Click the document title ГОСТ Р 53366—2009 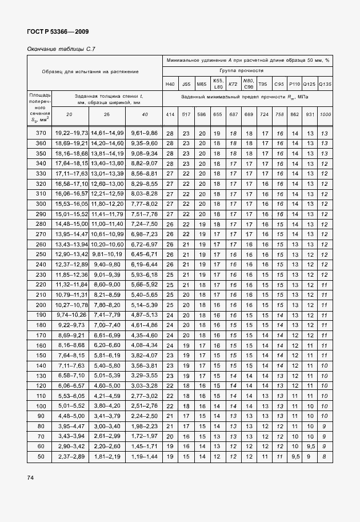(58, 31)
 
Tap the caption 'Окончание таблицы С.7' (61, 49)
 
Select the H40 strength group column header (170, 84)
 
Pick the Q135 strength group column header (325, 84)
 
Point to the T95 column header (263, 84)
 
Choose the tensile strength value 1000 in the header (325, 115)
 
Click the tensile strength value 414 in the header (170, 115)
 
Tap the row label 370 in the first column (40, 133)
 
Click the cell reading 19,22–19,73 (71, 133)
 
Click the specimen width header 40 (144, 115)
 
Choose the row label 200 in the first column (40, 305)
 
